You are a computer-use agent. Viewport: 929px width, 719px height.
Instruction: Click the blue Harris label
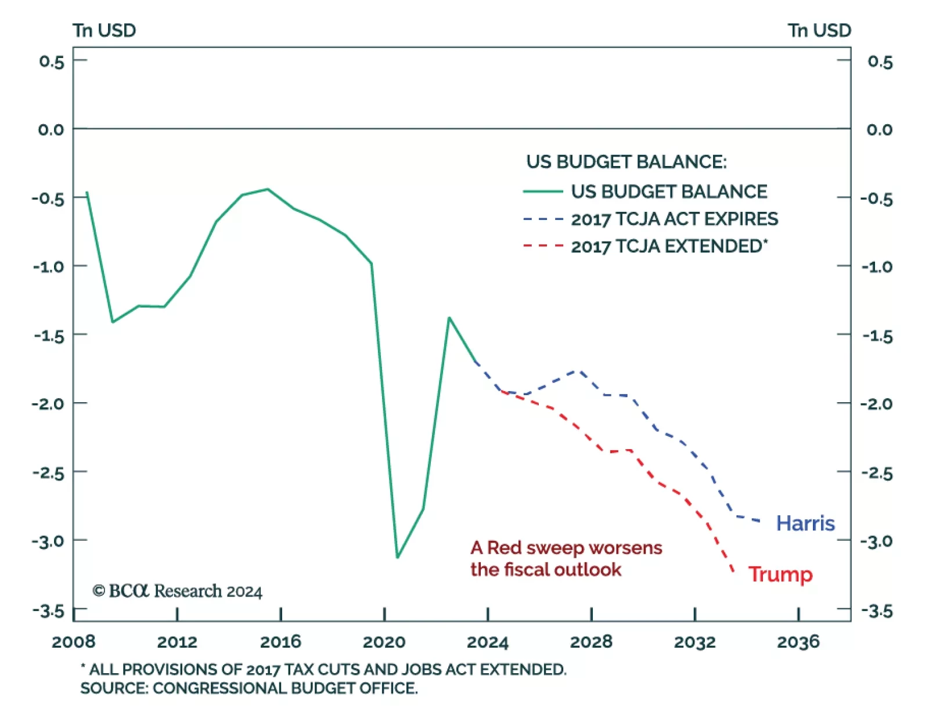(805, 523)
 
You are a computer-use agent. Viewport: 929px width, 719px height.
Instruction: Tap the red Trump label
(780, 575)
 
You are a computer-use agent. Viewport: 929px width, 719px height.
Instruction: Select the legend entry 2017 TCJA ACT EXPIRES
(674, 219)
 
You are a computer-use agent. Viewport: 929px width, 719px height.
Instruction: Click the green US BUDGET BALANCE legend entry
(668, 192)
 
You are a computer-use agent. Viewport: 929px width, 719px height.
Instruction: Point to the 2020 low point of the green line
(398, 557)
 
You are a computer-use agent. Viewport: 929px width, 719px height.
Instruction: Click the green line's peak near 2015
(268, 189)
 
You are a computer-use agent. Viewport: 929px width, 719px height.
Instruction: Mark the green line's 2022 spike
(449, 318)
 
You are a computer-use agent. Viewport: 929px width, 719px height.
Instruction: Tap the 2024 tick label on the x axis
(487, 642)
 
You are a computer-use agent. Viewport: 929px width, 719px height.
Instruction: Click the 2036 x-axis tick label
(798, 642)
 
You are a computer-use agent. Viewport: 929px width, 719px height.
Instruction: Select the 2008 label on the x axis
(73, 642)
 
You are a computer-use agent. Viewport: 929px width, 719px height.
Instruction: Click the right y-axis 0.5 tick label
(880, 62)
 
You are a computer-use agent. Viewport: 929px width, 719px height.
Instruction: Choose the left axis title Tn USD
(104, 30)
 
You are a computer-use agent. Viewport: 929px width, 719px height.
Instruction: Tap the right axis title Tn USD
(819, 30)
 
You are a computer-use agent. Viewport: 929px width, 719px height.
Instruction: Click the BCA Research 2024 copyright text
(177, 591)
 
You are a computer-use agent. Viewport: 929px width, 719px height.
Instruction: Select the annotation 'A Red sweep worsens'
(566, 548)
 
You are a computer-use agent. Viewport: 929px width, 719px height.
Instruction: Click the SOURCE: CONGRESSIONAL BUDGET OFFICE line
(249, 688)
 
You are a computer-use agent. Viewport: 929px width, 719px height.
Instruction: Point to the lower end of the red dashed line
(733, 572)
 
